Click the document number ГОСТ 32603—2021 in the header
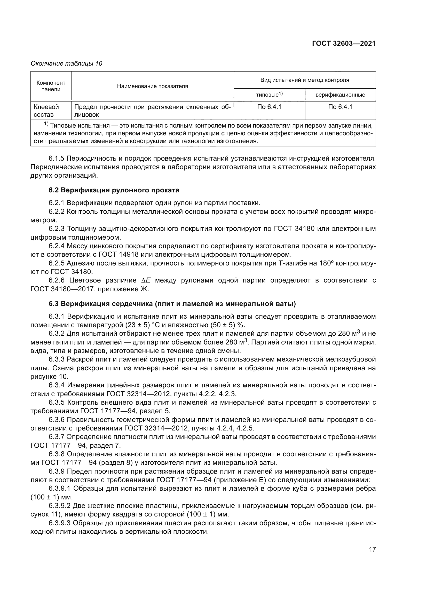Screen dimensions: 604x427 click(344, 44)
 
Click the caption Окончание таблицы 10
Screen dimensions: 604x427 click(66, 64)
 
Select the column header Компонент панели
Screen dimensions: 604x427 click(51, 86)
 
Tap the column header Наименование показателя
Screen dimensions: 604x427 click(153, 86)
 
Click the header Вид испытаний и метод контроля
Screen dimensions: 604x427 click(304, 80)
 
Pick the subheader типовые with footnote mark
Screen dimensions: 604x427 click(269, 95)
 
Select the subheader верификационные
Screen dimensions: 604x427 click(340, 95)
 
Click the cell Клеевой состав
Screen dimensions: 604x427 click(46, 111)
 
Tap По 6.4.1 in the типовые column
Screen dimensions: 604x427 click(269, 107)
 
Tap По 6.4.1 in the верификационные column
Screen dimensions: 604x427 click(340, 107)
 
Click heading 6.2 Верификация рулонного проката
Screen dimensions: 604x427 click(114, 190)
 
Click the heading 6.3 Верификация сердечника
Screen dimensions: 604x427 click(172, 304)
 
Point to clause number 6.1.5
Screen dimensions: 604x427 click(57, 159)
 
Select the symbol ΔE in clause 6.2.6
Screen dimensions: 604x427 click(146, 280)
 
